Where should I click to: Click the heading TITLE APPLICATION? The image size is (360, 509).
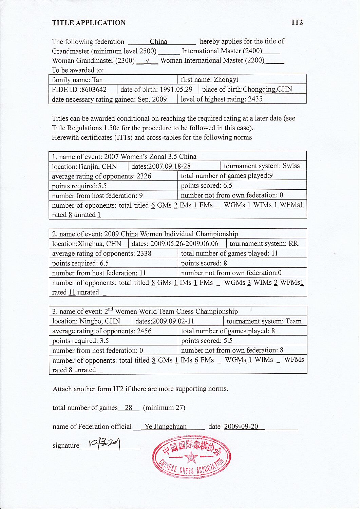pos(89,23)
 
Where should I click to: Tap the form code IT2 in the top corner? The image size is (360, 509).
pos(297,22)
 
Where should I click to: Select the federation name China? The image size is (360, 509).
pos(158,41)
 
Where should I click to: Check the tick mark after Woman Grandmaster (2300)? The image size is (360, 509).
pos(148,60)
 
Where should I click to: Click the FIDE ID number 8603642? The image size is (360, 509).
pos(93,90)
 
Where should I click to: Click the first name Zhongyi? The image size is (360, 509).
pos(226,80)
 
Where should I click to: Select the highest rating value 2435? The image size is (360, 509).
pos(255,99)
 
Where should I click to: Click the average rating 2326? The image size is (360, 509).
pos(144,176)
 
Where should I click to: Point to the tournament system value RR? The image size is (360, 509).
pos(293,243)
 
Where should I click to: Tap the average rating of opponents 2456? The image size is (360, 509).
pos(144,331)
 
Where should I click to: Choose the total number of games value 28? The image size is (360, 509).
pos(128,408)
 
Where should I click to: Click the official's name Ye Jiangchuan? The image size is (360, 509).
pos(166,427)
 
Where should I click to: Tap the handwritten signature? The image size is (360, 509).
pos(105,444)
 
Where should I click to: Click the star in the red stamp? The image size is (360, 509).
pos(191,457)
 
